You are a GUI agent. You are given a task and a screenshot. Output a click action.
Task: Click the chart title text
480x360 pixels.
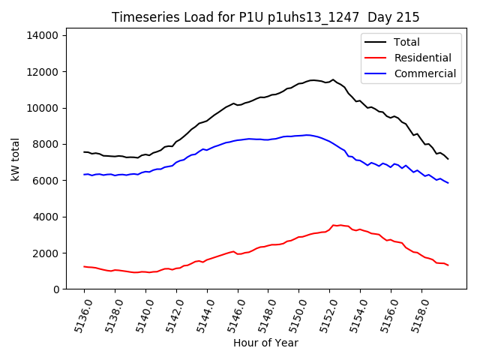(x=265, y=17)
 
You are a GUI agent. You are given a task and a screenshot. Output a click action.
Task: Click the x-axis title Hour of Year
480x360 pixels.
(x=265, y=343)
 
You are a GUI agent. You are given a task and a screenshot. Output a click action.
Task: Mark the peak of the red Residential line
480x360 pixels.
(x=334, y=224)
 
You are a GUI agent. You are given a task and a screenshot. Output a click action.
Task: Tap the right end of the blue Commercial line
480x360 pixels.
(x=448, y=182)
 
